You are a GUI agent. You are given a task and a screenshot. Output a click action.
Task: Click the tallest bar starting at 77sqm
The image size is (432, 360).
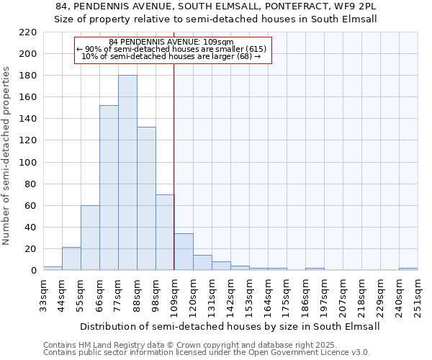tap(127, 173)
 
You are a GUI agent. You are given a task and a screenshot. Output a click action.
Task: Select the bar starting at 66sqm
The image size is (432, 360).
tap(109, 188)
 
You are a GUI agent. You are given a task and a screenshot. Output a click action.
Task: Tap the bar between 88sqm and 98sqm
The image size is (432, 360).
tap(146, 199)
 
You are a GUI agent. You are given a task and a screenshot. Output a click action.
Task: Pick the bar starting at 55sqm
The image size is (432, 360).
tap(90, 238)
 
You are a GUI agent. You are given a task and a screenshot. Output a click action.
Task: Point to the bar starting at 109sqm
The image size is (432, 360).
tap(184, 252)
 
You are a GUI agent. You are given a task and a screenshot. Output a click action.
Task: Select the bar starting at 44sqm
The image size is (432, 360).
tap(71, 258)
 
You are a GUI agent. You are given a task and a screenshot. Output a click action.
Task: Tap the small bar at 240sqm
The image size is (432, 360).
tap(408, 269)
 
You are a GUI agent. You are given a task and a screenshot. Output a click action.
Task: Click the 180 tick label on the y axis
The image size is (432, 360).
tap(28, 76)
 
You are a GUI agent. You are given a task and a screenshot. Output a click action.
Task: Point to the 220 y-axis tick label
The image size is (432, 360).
tap(28, 32)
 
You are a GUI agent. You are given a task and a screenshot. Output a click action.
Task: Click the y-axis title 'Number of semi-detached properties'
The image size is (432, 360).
tap(7, 155)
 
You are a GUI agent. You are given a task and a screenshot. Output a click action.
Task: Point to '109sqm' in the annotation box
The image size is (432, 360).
tap(220, 42)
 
